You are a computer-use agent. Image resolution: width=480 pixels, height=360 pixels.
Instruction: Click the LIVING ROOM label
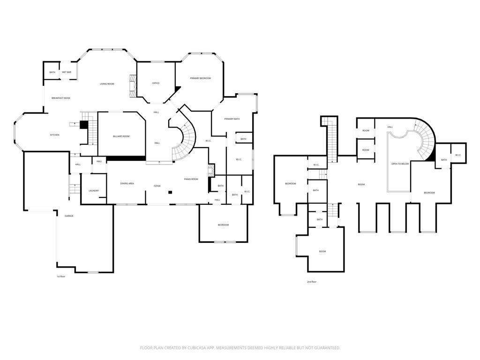[107, 84]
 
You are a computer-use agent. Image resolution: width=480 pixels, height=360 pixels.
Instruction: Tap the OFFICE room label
[156, 83]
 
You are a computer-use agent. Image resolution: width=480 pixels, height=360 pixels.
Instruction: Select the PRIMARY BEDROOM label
[200, 78]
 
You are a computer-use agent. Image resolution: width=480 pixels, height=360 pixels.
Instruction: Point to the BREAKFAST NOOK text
[61, 98]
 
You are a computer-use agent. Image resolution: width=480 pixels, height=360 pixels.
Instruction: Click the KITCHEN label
[55, 135]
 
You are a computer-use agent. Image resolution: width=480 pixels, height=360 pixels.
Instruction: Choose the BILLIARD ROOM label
[121, 136]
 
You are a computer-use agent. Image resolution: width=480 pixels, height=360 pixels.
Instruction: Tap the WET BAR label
[67, 72]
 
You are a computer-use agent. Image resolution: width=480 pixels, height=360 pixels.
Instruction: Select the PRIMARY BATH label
[232, 119]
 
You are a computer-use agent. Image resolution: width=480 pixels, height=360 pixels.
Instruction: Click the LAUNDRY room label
[94, 191]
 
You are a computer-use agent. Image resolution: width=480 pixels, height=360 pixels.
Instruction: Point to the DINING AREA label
[127, 184]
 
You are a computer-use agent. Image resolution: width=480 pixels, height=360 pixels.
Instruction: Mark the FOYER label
[157, 186]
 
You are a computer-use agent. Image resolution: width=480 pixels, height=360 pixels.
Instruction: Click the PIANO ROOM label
[191, 179]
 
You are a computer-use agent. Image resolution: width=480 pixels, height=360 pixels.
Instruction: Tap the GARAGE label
[69, 216]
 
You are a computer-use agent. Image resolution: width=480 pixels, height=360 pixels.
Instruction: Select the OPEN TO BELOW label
[400, 164]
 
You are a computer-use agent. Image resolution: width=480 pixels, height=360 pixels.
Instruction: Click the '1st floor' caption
[61, 277]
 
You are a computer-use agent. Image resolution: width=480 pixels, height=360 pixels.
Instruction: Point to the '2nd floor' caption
[312, 282]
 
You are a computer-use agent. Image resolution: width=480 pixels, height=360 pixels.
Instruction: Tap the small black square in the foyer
[171, 192]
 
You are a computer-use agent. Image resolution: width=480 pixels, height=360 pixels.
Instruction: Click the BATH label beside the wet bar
[52, 72]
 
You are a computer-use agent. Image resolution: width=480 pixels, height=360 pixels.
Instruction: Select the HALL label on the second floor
[390, 127]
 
